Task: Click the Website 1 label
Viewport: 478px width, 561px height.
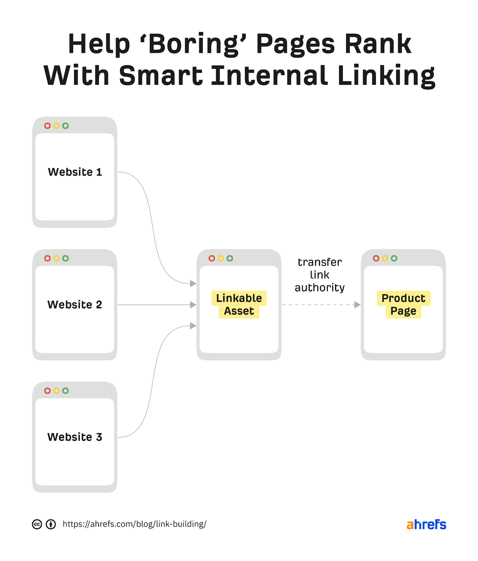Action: point(75,172)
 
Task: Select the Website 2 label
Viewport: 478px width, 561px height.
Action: point(75,304)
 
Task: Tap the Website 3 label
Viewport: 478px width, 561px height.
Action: point(75,437)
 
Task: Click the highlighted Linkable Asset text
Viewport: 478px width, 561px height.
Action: point(239,304)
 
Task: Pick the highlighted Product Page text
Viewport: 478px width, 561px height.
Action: point(403,304)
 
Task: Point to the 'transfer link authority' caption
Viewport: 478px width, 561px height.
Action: point(320,275)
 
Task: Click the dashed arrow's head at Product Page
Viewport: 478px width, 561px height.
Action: point(358,305)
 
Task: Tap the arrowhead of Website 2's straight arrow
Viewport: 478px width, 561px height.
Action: point(193,305)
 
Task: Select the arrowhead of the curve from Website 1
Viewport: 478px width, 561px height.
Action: point(193,283)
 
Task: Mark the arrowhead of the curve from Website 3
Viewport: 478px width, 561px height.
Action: point(193,326)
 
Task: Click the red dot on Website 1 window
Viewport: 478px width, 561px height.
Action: point(47,126)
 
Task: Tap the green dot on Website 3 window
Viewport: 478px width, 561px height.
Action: point(65,391)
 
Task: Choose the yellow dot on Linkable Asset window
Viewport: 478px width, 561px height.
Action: point(221,258)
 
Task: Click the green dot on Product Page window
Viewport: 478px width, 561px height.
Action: point(394,258)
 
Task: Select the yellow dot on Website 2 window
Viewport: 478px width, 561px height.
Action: point(56,258)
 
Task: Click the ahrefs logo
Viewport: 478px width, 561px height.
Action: point(426,525)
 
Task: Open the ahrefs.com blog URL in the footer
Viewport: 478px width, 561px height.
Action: point(135,524)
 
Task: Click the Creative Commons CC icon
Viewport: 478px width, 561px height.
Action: point(37,524)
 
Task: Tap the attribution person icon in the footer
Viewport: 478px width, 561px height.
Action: point(51,524)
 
